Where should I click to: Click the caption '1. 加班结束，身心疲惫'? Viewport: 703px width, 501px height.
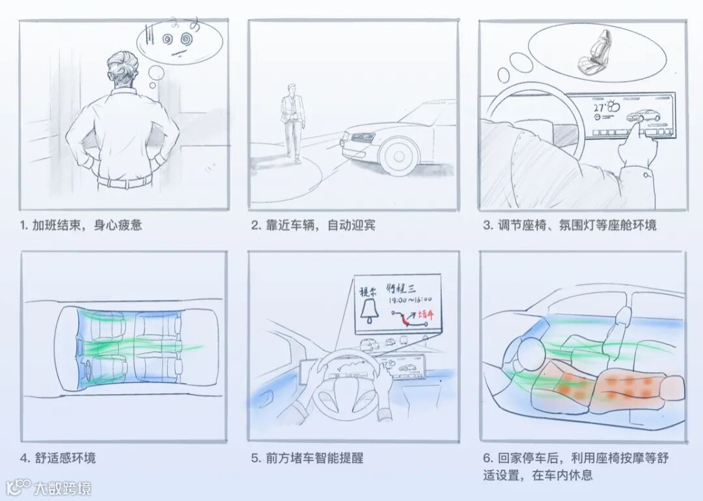point(81,225)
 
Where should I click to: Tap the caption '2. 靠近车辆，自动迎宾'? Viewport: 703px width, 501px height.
point(313,225)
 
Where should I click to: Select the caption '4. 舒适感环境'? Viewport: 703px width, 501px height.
point(58,458)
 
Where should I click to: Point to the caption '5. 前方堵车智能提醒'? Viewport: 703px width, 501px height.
point(307,458)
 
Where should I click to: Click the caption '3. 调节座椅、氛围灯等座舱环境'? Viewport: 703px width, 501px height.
point(570,225)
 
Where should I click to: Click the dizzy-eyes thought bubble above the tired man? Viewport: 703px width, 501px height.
point(180,40)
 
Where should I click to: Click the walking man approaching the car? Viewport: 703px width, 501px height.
point(292,121)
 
